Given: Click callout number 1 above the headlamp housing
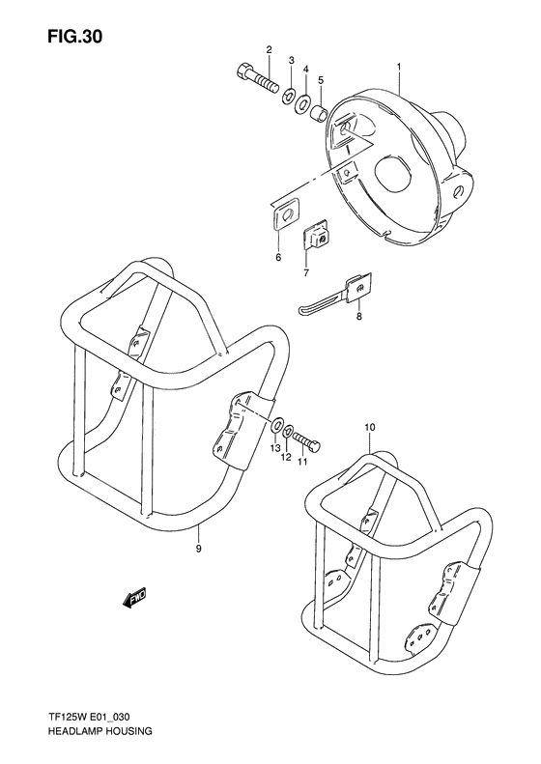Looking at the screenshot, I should (398, 67).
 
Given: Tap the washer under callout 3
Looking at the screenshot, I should (289, 96).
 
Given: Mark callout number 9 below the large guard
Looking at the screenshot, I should (198, 548).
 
